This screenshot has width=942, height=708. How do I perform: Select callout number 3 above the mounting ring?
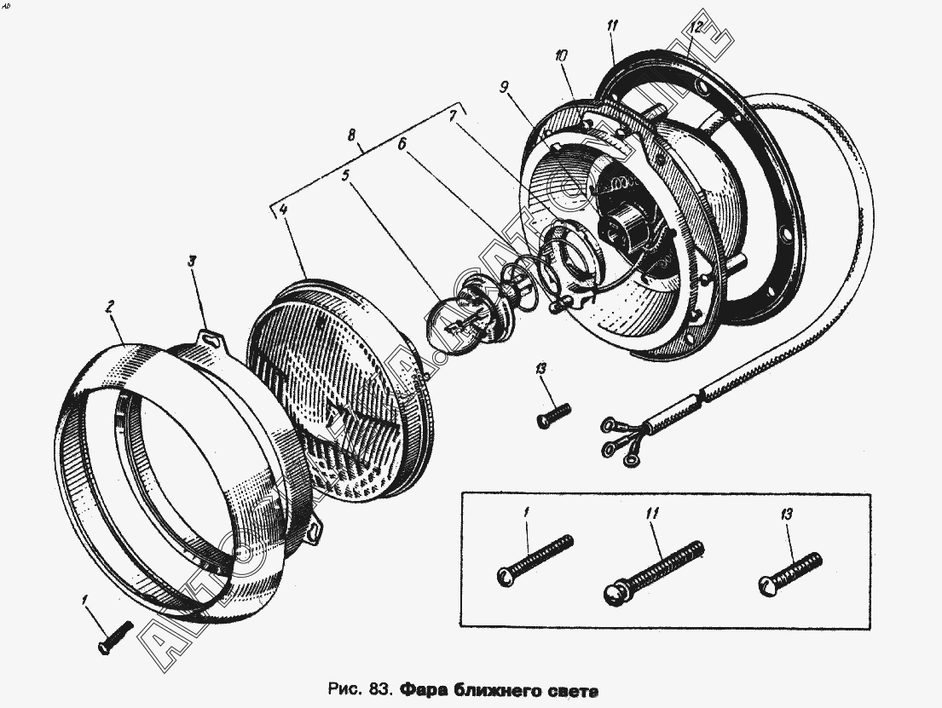[x=193, y=264]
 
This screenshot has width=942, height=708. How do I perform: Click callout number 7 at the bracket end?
[x=454, y=113]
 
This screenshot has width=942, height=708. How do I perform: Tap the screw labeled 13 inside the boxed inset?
[x=789, y=572]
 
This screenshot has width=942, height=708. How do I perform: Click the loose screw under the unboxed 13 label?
[x=552, y=415]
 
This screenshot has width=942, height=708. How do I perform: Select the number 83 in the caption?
[x=380, y=688]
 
